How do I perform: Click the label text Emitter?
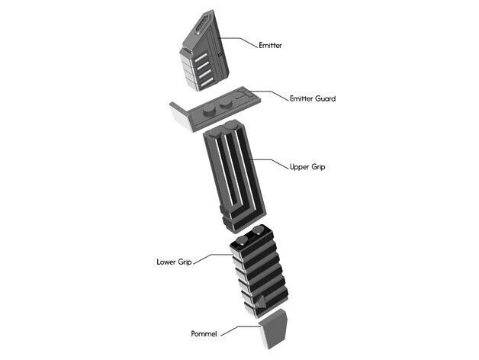click(x=270, y=45)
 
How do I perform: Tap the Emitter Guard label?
click(x=313, y=98)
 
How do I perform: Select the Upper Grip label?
click(x=307, y=167)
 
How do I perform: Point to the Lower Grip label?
click(x=174, y=262)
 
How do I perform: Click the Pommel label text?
click(x=204, y=333)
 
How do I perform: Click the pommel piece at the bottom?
click(x=273, y=329)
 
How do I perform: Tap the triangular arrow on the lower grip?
click(x=261, y=302)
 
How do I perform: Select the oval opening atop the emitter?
click(x=203, y=24)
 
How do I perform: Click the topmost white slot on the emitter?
click(x=201, y=57)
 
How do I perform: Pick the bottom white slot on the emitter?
click(x=207, y=82)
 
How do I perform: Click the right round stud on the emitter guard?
click(x=226, y=103)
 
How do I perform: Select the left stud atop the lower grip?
click(x=243, y=241)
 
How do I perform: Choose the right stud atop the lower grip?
click(x=259, y=230)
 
